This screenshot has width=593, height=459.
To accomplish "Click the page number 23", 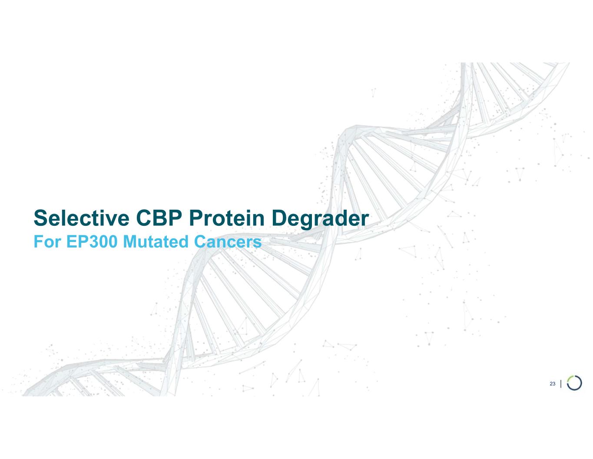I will pyautogui.click(x=552, y=383).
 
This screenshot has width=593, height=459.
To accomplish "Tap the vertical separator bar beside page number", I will pyautogui.click(x=562, y=383).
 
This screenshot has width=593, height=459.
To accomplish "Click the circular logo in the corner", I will pyautogui.click(x=574, y=383).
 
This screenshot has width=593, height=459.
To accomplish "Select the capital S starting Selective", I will pyautogui.click(x=40, y=218).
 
